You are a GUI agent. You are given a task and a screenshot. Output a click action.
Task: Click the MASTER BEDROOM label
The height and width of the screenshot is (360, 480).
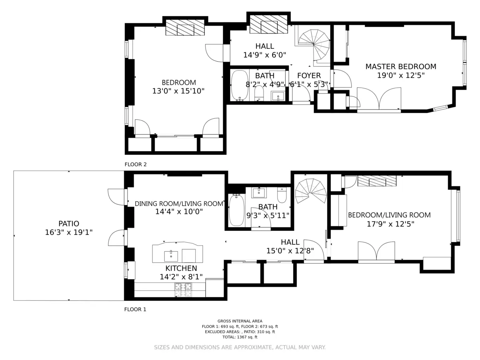point(400,66)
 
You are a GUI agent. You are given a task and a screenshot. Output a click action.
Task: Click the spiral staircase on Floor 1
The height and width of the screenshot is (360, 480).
point(311,191)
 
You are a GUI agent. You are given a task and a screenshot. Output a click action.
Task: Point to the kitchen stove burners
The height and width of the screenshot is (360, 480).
point(183,290)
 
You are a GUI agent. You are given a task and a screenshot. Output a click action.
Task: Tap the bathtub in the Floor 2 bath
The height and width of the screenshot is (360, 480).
point(240,85)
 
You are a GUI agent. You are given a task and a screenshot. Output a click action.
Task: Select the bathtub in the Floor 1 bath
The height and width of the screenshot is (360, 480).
point(236,210)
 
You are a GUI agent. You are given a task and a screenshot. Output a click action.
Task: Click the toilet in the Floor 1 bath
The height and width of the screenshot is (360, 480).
point(282,195)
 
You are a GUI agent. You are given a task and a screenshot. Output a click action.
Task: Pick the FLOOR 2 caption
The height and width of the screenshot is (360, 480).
point(136,164)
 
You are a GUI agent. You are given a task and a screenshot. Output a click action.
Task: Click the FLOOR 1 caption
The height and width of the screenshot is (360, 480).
point(135,309)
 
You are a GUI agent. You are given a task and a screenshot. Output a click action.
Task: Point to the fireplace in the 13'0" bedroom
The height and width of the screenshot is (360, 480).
point(185,28)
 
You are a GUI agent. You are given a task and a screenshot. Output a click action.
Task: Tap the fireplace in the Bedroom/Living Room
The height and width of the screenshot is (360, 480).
point(376,181)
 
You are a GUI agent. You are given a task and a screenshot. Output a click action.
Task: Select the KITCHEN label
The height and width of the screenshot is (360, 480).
point(181,268)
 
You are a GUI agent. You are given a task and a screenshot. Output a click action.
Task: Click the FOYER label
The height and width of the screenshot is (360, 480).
point(309,76)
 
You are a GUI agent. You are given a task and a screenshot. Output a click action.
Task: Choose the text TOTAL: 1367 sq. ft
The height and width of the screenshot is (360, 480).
point(240,337)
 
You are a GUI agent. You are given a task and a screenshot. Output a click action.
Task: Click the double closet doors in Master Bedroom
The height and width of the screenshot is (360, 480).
point(379,99)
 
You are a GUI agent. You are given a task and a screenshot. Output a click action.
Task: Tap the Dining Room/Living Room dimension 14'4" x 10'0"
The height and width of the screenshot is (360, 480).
point(179,212)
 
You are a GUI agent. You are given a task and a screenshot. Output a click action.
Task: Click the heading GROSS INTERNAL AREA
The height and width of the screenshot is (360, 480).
point(240,321)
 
